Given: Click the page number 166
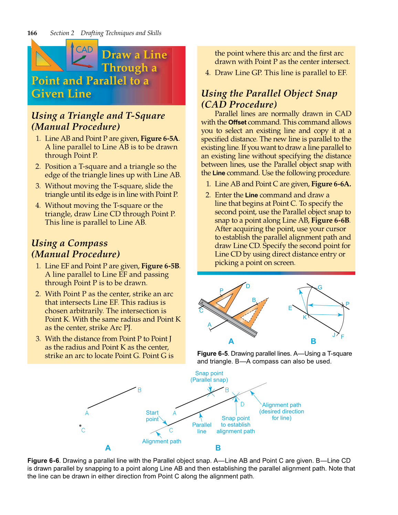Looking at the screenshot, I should coord(32,33).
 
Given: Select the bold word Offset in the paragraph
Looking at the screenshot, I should coord(237,122).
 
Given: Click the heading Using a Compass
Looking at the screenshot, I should coord(70,243).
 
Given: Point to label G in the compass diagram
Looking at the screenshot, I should coord(320,287).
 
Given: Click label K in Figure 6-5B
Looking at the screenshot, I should coord(305,317).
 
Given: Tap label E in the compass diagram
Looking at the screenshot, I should coord(290,308).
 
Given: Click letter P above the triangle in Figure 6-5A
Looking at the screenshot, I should coord(221,290).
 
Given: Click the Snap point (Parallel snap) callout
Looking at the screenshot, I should coord(209,376).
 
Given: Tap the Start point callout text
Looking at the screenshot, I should coord(152,416).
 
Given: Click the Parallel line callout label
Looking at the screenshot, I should coord(202,428).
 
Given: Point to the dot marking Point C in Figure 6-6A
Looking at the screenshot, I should coord(80,426).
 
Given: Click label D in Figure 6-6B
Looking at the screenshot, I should coord(242,404).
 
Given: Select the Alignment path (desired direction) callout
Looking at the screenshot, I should coord(282,411).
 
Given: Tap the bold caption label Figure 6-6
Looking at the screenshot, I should coord(43,461).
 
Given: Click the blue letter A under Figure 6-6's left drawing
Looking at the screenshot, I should coord(108,448).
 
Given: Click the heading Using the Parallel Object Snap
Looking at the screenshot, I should coord(269,94).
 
